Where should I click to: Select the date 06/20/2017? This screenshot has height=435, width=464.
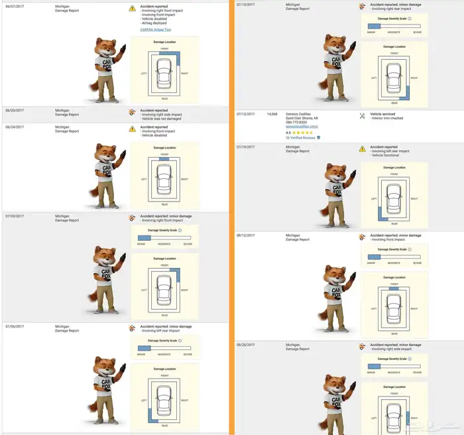14,110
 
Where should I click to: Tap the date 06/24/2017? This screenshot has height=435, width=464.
14,127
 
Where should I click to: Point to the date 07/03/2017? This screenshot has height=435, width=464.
14,216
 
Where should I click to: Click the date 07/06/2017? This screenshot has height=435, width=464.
14,326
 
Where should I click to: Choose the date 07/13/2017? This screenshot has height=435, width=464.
246,114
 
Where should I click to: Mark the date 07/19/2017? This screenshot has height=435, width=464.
246,147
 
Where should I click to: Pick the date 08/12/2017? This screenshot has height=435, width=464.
246,235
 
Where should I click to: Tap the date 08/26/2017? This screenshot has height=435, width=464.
246,345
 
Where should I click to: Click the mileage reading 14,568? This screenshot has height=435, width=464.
272,114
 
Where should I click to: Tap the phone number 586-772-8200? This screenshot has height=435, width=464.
298,122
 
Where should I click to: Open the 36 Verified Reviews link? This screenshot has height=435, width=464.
300,137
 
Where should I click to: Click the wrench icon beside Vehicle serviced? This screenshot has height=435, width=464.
362,115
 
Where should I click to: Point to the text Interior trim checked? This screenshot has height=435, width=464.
388,118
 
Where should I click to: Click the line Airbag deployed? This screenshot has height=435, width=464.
154,23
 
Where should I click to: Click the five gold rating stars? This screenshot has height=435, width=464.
304,132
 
